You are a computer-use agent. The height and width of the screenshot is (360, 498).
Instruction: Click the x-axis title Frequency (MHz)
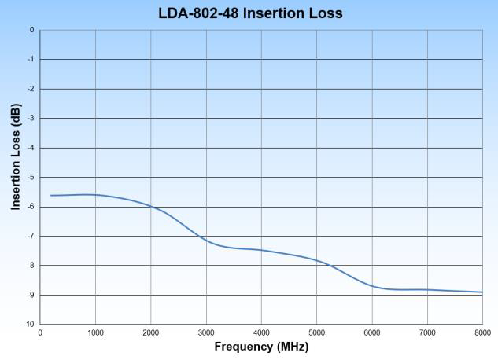point(262,347)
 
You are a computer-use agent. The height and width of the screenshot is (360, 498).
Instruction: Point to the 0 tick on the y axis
point(31,30)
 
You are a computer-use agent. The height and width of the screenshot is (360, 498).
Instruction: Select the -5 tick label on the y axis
point(30,177)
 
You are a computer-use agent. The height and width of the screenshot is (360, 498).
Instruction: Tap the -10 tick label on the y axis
point(28,324)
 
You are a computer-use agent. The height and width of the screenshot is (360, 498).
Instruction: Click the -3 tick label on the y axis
point(30,118)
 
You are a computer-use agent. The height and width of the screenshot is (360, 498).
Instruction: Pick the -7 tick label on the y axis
point(30,236)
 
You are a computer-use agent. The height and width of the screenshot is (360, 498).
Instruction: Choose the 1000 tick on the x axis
point(95,332)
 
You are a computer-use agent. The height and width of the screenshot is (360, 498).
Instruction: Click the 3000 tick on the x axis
point(206,332)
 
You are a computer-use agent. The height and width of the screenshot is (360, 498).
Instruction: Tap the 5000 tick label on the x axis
point(317,332)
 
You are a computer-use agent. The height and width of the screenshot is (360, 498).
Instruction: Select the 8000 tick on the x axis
point(482,332)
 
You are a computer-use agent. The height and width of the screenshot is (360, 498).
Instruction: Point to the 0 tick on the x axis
point(40,332)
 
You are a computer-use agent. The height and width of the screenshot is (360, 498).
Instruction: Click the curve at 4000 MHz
point(262,250)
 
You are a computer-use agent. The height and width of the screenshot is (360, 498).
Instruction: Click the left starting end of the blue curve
point(51,195)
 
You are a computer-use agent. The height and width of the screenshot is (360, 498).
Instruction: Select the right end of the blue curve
point(482,292)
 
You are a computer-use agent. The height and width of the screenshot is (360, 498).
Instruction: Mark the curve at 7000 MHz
point(427,289)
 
